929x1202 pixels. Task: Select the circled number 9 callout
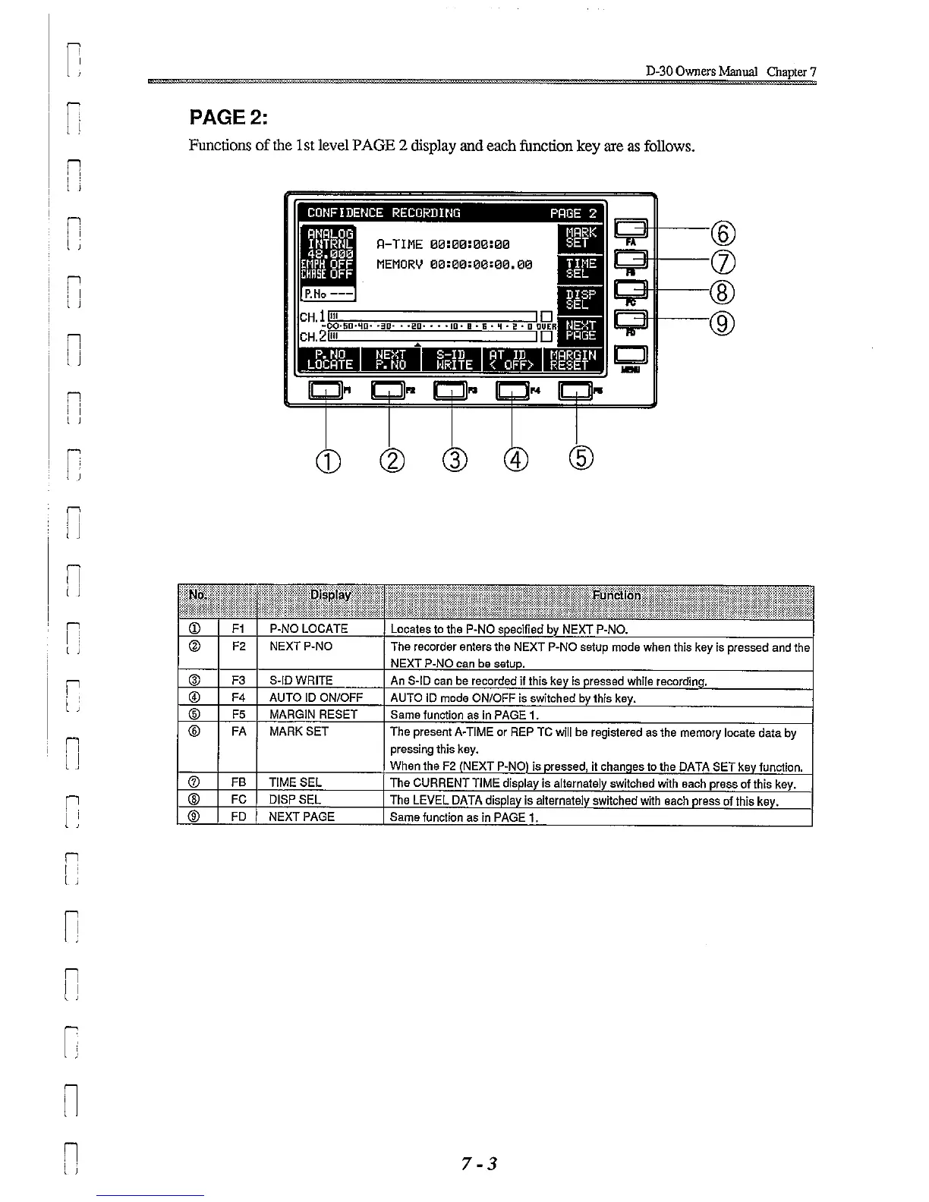(724, 324)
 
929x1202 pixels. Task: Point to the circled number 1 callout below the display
(326, 460)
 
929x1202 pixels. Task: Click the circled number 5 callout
(581, 458)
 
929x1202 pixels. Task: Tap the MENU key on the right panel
(631, 356)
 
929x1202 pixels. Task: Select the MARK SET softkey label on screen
(581, 238)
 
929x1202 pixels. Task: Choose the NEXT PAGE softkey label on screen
(581, 330)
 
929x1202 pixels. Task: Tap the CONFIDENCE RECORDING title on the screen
(384, 213)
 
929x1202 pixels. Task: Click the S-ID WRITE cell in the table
(301, 681)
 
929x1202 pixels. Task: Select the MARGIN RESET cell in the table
(313, 715)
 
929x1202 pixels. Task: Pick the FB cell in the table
(238, 782)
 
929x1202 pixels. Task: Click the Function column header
(616, 596)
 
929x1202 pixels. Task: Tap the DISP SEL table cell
(295, 800)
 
